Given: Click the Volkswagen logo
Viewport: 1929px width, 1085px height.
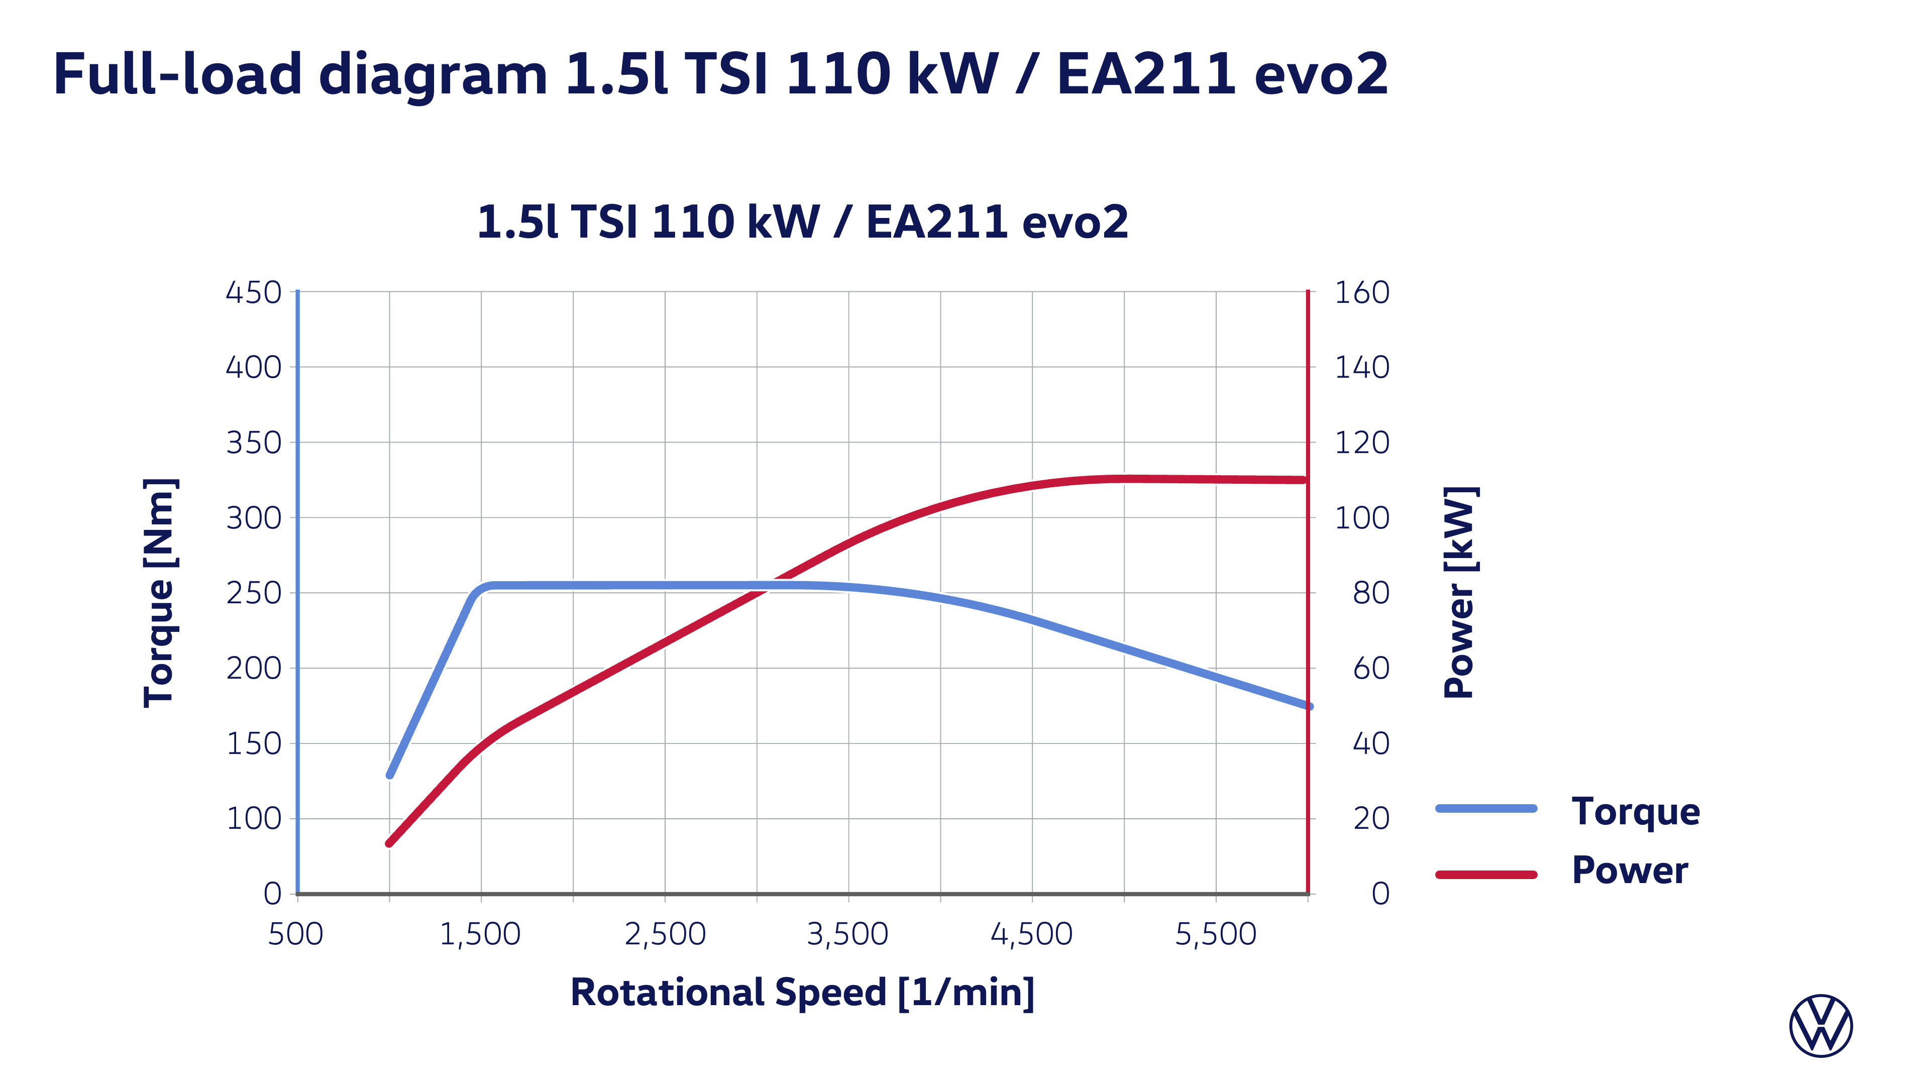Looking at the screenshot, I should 1820,1025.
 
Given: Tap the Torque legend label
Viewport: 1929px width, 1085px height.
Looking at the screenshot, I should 1636,812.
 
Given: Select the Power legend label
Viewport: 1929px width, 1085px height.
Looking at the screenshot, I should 1630,870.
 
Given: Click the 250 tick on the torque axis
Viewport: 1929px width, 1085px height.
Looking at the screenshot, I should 253,593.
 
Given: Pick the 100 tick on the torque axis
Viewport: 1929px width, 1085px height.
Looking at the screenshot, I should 253,818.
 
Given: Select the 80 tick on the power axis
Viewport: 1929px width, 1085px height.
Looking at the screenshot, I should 1371,593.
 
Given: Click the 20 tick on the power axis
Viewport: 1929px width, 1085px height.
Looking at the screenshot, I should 1371,818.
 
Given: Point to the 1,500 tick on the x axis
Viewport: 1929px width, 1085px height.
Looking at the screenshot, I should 480,934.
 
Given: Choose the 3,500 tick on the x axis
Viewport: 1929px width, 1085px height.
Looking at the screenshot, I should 847,934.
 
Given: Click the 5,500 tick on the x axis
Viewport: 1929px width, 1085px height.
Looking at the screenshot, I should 1215,934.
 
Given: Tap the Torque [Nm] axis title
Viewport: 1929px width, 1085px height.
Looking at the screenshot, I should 160,592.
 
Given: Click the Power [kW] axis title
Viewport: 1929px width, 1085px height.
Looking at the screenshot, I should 1459,592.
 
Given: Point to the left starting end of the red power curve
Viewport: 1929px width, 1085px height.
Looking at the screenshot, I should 389,843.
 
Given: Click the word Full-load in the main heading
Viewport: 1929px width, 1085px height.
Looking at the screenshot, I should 177,75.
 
